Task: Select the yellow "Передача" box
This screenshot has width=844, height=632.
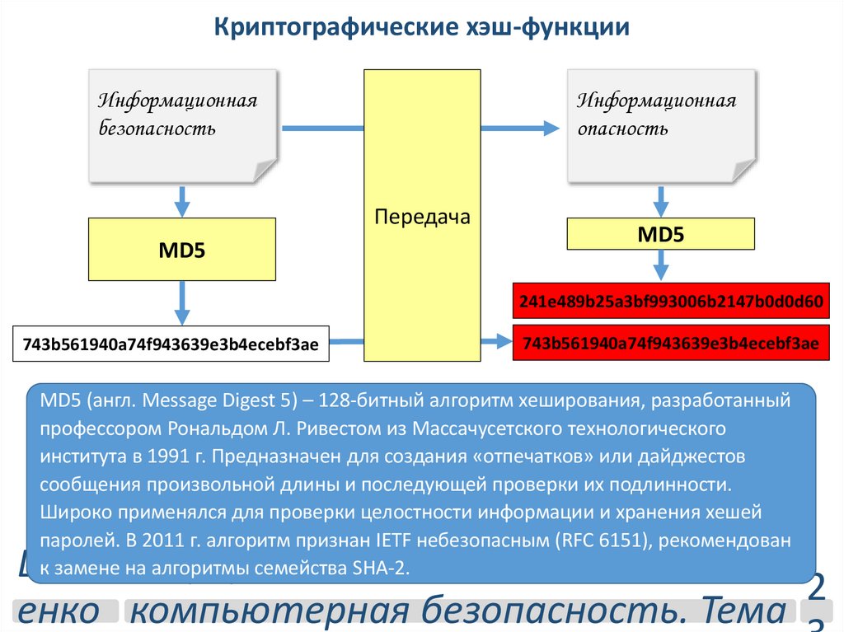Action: coord(422,216)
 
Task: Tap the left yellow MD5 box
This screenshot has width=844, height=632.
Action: coord(182,250)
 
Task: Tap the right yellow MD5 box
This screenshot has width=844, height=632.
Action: coord(661,234)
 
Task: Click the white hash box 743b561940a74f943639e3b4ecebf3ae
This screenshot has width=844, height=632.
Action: coord(171,344)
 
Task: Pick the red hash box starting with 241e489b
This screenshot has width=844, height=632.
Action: coord(671,302)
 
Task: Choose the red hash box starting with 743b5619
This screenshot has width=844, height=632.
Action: coord(671,343)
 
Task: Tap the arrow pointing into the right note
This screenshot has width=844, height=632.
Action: coord(519,128)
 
